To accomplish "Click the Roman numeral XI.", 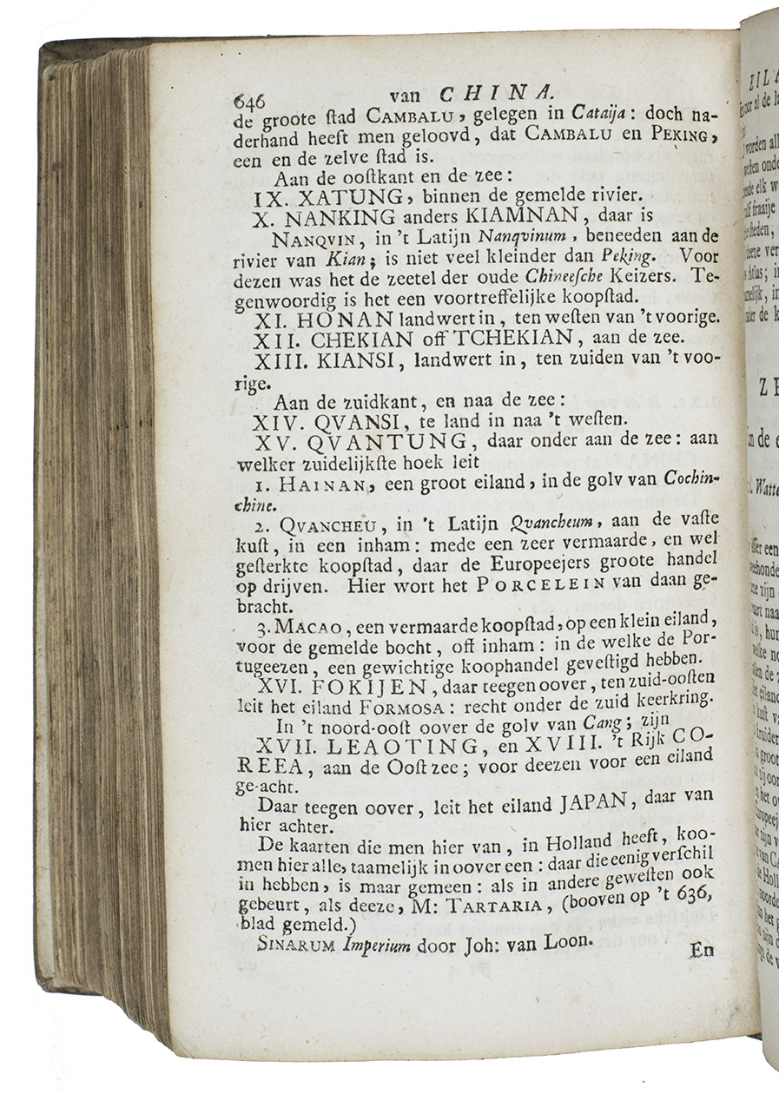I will (x=274, y=320).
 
